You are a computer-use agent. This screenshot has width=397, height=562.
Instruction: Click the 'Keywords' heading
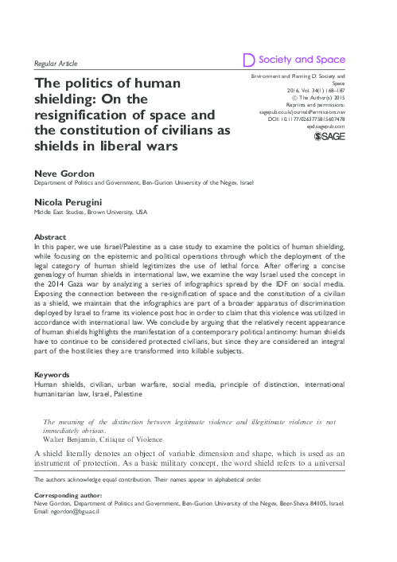(x=53, y=373)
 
